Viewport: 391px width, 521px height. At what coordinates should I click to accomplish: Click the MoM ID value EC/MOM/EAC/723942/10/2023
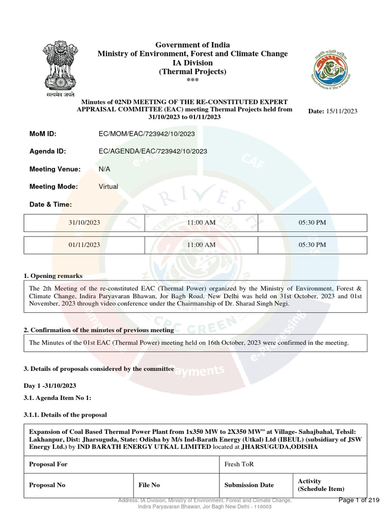click(x=147, y=134)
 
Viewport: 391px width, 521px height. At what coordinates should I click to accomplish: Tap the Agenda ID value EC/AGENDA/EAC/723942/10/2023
click(x=153, y=151)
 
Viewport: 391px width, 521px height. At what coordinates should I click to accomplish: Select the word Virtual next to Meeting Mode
click(x=108, y=187)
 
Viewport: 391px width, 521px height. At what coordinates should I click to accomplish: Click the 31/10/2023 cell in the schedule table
click(x=85, y=223)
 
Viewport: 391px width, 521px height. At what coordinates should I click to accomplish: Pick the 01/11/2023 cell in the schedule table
click(x=85, y=245)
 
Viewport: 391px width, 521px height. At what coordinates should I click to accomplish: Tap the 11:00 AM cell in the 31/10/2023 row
click(x=202, y=223)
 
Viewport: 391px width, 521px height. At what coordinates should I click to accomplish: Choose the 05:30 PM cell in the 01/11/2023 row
click(x=312, y=245)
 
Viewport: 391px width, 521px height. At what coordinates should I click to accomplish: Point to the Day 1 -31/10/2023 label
click(x=50, y=386)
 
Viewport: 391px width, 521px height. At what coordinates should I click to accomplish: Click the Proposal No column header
click(x=47, y=485)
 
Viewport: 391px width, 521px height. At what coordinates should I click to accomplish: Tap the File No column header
click(x=149, y=485)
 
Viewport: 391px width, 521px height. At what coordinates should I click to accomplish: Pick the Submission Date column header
click(x=249, y=485)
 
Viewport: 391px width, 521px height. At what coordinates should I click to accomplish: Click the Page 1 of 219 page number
click(x=359, y=501)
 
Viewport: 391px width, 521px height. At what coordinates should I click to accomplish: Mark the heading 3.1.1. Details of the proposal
click(x=65, y=415)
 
